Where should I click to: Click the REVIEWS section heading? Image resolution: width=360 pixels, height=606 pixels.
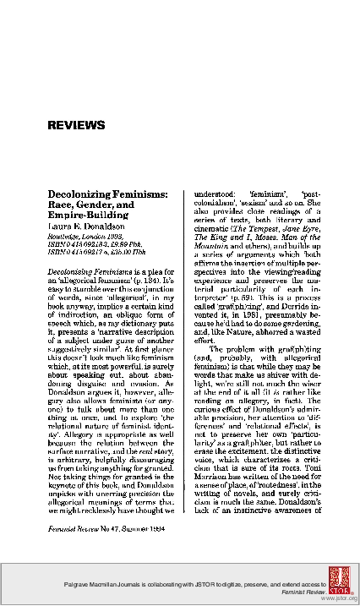[x=76, y=125]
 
